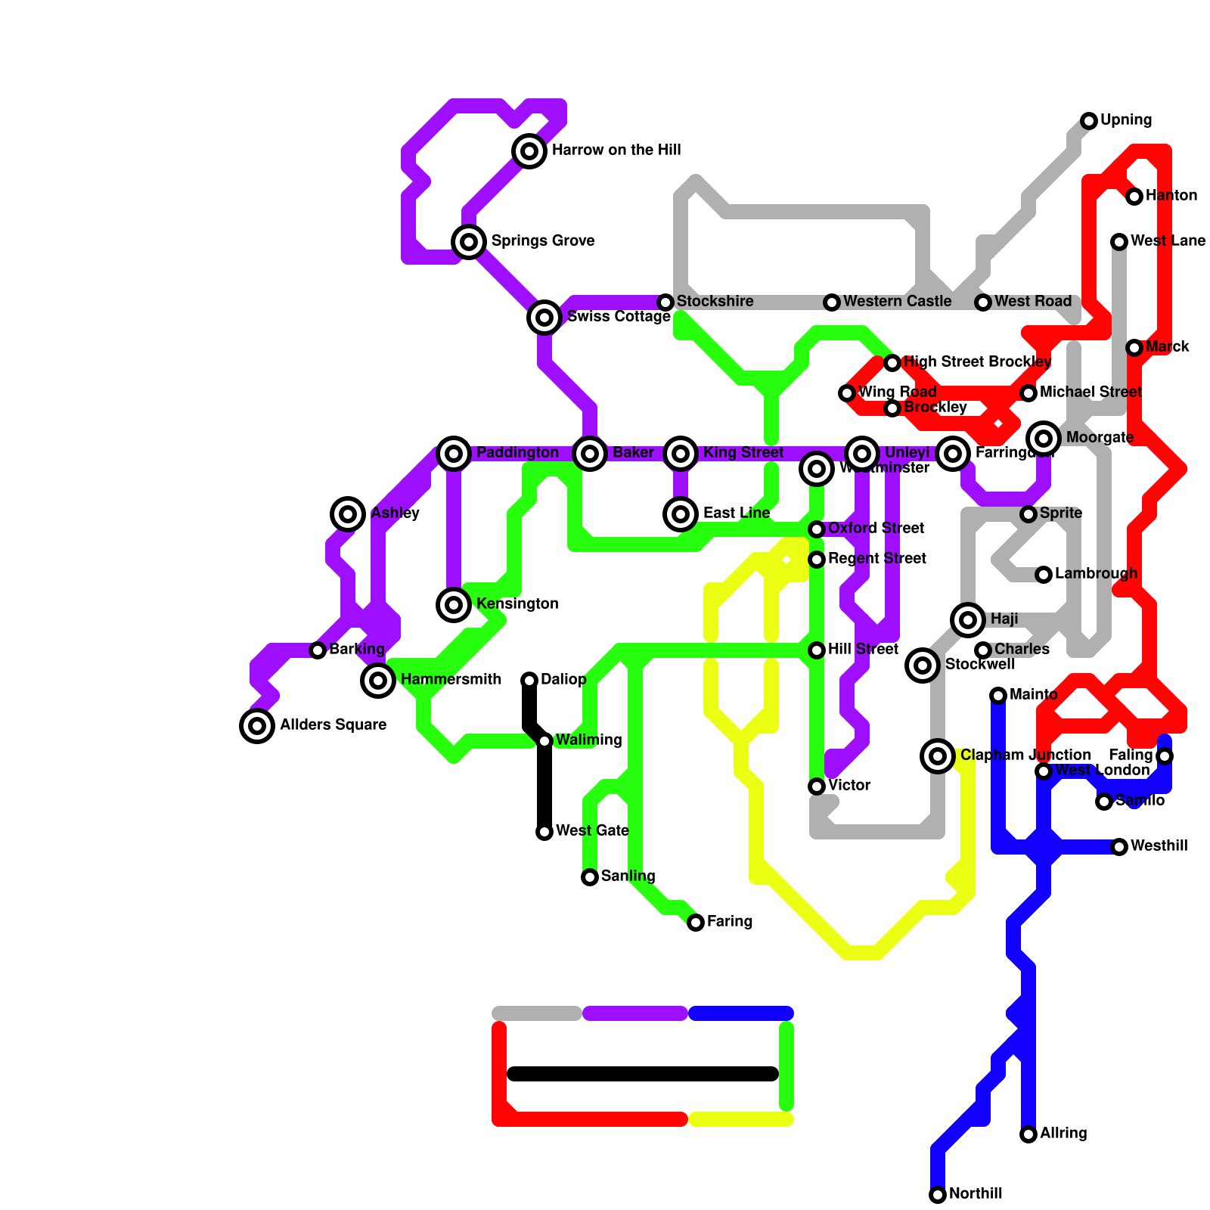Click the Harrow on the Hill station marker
[x=529, y=151]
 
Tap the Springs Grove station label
[x=542, y=241]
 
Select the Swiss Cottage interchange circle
[x=544, y=318]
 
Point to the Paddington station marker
[x=454, y=454]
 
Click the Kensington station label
[x=517, y=604]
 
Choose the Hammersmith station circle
[x=378, y=681]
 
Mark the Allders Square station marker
[x=257, y=726]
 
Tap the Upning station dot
[x=1089, y=121]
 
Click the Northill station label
[x=975, y=1194]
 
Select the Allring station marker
[x=1028, y=1134]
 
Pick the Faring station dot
[x=696, y=923]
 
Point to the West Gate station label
[x=591, y=831]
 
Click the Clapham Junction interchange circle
[x=938, y=756]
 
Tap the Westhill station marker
[x=1119, y=847]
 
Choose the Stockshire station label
[x=715, y=302]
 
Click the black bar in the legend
[x=643, y=1074]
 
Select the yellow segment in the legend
[x=741, y=1119]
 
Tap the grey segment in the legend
[x=537, y=1013]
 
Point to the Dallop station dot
[x=529, y=681]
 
